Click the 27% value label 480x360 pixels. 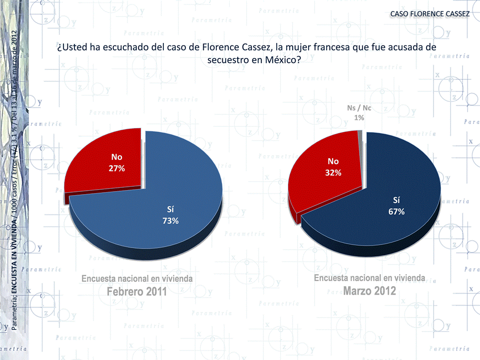(x=116, y=168)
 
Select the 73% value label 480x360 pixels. (x=170, y=221)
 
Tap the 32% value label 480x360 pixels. (x=333, y=173)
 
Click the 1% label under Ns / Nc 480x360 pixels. (x=359, y=117)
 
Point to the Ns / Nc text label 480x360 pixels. (x=359, y=108)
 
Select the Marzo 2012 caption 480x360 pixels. (x=370, y=291)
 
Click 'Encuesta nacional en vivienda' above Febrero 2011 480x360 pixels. (x=137, y=278)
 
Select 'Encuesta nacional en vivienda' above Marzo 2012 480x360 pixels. (x=370, y=278)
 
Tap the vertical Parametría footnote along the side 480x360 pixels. (x=14, y=180)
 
